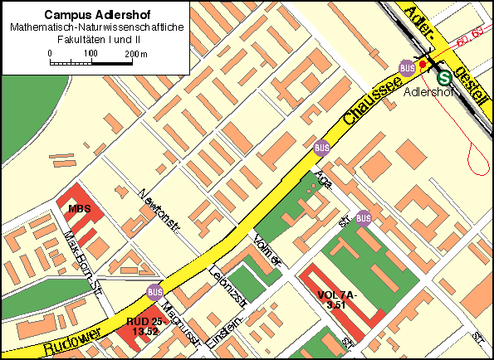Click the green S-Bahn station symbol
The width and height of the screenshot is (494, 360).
[445, 77]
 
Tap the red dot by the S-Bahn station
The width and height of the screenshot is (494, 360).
[423, 65]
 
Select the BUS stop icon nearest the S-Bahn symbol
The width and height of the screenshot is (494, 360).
[407, 68]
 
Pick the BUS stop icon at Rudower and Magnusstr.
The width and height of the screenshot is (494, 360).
[154, 292]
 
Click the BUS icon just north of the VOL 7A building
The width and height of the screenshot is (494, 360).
[363, 218]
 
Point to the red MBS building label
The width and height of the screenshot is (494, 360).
[79, 209]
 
